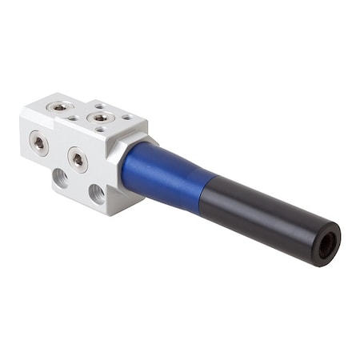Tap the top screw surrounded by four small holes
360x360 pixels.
pyautogui.click(x=100, y=118)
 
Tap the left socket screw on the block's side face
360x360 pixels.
pyautogui.click(x=37, y=142)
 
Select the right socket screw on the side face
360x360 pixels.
pyautogui.click(x=77, y=158)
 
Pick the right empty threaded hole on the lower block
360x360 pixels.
pyautogui.click(x=96, y=193)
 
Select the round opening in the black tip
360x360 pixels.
pyautogui.click(x=326, y=245)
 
